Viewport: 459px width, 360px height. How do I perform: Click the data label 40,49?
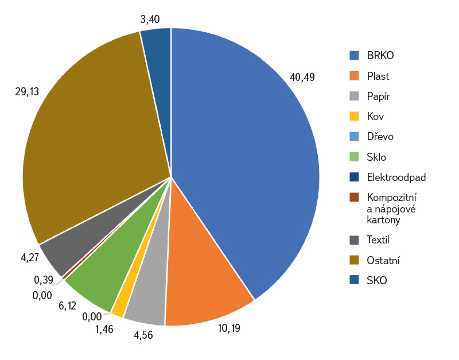click(x=302, y=76)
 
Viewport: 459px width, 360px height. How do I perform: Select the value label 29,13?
click(x=28, y=91)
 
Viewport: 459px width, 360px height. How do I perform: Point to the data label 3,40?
click(x=150, y=20)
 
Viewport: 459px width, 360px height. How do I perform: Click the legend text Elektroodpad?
click(x=396, y=177)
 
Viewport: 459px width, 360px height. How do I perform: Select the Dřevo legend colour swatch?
click(x=355, y=137)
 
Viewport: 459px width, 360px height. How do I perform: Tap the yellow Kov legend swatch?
click(x=355, y=117)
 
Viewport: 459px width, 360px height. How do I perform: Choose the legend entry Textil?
click(x=378, y=240)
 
